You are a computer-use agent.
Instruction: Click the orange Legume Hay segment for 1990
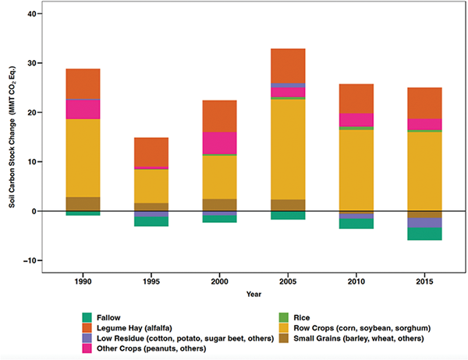(83, 83)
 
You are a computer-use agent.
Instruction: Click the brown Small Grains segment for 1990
(83, 203)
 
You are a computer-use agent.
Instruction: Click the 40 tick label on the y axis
(31, 14)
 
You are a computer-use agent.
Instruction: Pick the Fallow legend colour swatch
(88, 317)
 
